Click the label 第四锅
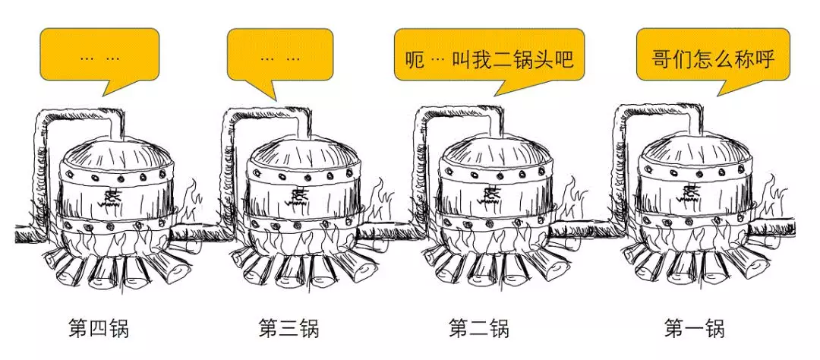coord(99,330)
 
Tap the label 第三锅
coord(289,330)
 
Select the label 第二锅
coord(478,330)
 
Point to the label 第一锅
coord(694,330)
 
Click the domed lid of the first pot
coord(690,151)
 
